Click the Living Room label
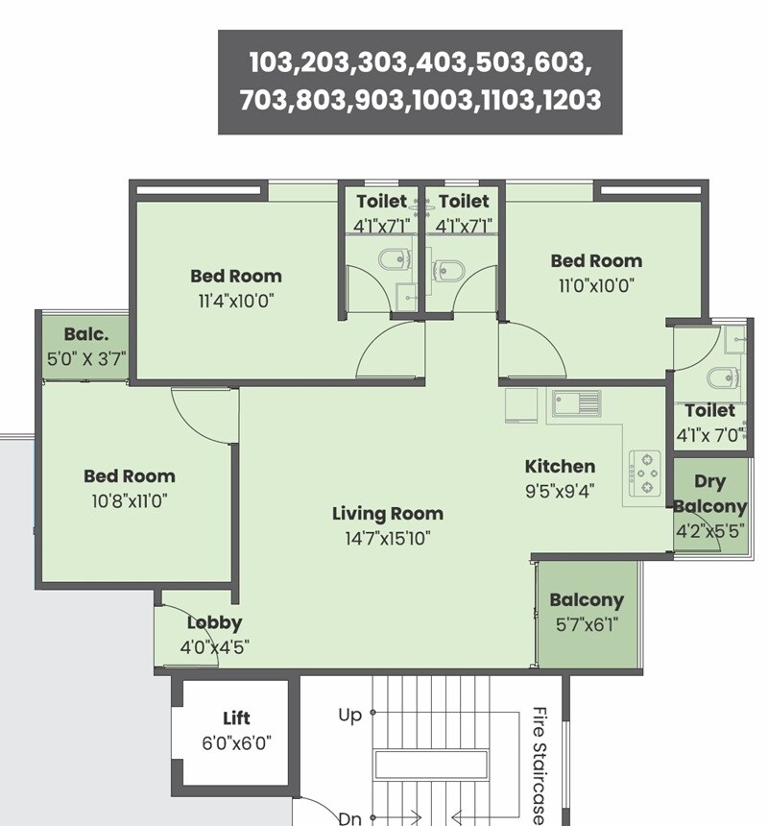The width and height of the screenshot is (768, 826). pos(388,514)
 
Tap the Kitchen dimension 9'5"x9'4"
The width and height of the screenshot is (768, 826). pos(560,491)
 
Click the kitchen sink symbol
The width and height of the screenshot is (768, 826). pos(575,403)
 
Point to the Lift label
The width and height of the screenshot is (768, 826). pos(236,717)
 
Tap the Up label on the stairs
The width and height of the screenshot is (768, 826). pos(349,715)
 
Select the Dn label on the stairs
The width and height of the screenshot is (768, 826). pos(349,818)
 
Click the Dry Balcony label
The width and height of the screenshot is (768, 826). pos(709,494)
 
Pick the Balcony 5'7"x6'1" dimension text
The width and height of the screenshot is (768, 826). pos(587,624)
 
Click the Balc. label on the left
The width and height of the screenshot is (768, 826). pos(84,335)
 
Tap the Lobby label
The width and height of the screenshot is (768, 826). pos(214,622)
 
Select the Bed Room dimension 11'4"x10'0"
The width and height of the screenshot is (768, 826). pos(236,300)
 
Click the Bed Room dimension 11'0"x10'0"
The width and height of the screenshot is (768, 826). pos(596,285)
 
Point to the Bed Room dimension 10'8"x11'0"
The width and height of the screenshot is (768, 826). pos(130,499)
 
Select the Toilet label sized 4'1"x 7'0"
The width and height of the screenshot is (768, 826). pos(710,410)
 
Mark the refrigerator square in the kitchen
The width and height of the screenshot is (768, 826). pos(521,403)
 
